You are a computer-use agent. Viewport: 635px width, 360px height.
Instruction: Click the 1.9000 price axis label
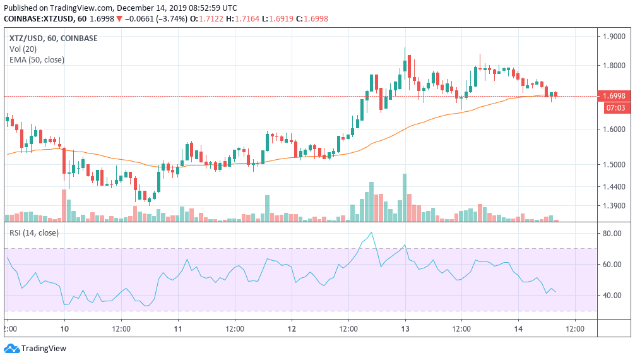[x=614, y=36]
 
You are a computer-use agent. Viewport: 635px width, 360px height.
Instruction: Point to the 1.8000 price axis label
[x=614, y=65]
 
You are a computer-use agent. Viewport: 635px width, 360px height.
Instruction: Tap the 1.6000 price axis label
[x=614, y=129]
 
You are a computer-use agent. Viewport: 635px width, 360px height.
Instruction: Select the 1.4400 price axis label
[x=614, y=187]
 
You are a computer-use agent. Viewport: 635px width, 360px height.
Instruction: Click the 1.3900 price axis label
[x=614, y=206]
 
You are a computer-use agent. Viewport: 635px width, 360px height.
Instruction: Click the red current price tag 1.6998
[x=614, y=96]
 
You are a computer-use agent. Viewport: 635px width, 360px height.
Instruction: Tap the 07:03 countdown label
[x=614, y=108]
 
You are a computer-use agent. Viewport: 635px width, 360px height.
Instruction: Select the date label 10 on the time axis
[x=64, y=329]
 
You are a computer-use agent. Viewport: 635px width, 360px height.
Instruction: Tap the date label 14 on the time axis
[x=518, y=329]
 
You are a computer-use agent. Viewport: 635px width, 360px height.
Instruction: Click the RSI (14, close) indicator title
[x=33, y=233]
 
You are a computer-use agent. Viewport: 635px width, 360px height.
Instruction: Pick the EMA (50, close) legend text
[x=37, y=60]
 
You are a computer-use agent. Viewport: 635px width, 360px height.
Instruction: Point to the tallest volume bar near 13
[x=405, y=196]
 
